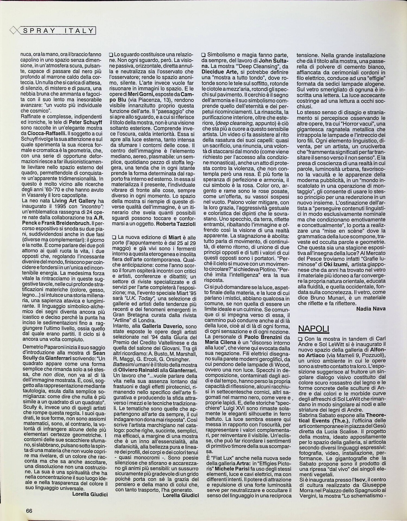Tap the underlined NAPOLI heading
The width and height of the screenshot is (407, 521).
(314, 328)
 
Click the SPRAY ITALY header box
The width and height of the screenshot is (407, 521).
(58, 31)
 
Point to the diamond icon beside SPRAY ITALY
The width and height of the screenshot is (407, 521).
(14, 31)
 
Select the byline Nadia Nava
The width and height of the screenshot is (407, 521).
(371, 309)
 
